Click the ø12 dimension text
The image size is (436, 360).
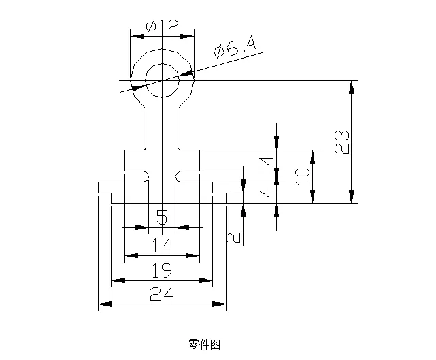pyautogui.click(x=162, y=27)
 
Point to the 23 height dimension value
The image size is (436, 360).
pyautogui.click(x=343, y=142)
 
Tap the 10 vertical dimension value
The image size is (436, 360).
pyautogui.click(x=303, y=176)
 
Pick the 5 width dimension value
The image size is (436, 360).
pyautogui.click(x=162, y=218)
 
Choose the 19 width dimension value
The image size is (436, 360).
pyautogui.click(x=162, y=270)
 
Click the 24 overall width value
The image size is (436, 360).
pyautogui.click(x=162, y=294)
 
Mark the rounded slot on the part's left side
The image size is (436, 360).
pyautogui.click(x=136, y=176)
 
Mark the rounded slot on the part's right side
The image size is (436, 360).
pyautogui.click(x=188, y=176)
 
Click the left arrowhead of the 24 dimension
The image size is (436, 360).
pyautogui.click(x=104, y=304)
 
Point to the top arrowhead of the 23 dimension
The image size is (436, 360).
pyautogui.click(x=351, y=86)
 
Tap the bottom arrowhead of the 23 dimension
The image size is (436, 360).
pyautogui.click(x=351, y=197)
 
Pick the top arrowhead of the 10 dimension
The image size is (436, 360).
pyautogui.click(x=312, y=156)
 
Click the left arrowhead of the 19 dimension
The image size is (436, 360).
pyautogui.click(x=116, y=280)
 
